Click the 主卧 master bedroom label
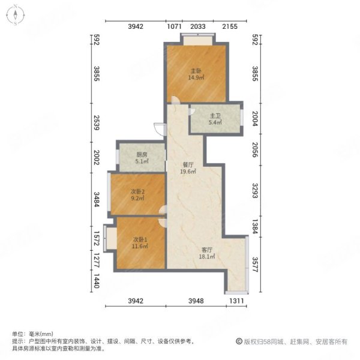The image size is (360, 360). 196,70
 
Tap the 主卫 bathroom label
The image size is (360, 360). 215,116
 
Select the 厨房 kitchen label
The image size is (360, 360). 141,154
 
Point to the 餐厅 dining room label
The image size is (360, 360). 188,163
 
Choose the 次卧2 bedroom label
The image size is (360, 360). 138,192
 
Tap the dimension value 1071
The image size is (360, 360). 174,27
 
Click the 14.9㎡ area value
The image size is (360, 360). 196,77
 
